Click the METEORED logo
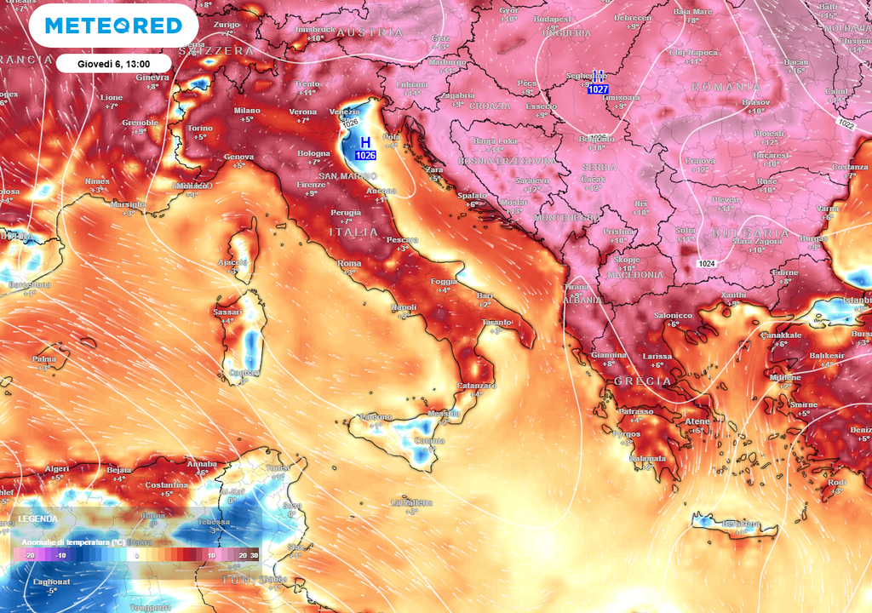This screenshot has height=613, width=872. pyautogui.click(x=113, y=26)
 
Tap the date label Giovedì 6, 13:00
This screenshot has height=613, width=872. pyautogui.click(x=113, y=63)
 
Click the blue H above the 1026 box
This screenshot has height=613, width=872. pyautogui.click(x=365, y=142)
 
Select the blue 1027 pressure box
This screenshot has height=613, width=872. pyautogui.click(x=598, y=89)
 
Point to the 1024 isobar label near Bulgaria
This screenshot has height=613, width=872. pyautogui.click(x=706, y=264)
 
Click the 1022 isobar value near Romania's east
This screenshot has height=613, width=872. pyautogui.click(x=846, y=124)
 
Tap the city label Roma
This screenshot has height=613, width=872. pyautogui.click(x=350, y=264)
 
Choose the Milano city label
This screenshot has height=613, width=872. pyautogui.click(x=247, y=111)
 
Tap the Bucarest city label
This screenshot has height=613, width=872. pyautogui.click(x=772, y=156)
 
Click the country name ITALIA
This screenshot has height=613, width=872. pyautogui.click(x=353, y=232)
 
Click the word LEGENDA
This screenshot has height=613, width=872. pyautogui.click(x=38, y=518)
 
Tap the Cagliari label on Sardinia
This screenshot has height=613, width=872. pyautogui.click(x=244, y=373)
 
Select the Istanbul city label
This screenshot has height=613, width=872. pyautogui.click(x=856, y=301)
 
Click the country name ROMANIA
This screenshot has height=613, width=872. pyautogui.click(x=726, y=87)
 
